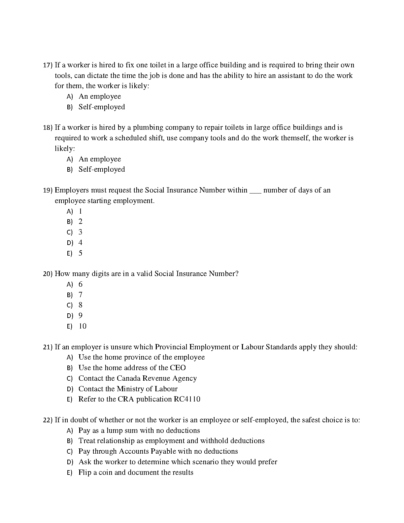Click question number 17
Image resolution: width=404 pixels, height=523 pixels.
[48, 65]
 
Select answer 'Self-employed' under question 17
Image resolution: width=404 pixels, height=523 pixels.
[102, 107]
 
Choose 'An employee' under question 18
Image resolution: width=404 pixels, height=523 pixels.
[100, 159]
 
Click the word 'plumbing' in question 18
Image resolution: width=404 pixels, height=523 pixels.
[148, 127]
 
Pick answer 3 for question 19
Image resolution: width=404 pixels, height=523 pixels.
[80, 232]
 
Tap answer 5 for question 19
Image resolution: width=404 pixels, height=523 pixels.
[80, 253]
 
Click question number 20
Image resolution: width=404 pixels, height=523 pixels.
[48, 274]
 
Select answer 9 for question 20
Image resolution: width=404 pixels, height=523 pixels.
[80, 316]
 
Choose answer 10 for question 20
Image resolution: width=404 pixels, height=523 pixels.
[82, 326]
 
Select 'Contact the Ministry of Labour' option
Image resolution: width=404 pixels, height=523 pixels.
[128, 389]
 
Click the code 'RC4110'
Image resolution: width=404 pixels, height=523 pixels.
[187, 399]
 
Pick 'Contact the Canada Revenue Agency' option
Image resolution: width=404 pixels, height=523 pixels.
[138, 378]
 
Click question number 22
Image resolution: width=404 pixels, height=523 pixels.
[48, 420]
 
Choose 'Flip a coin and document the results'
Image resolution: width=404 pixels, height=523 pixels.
[136, 472]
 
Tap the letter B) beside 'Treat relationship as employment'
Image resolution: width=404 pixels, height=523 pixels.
[69, 441]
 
